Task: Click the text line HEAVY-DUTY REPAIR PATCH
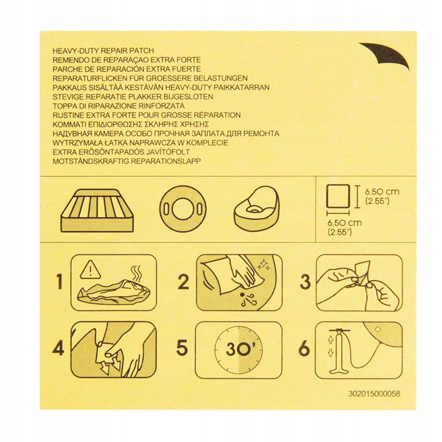pos(103,51)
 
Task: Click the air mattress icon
pos(97,210)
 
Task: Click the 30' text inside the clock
pos(238,349)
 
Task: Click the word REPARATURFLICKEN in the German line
pos(90,78)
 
